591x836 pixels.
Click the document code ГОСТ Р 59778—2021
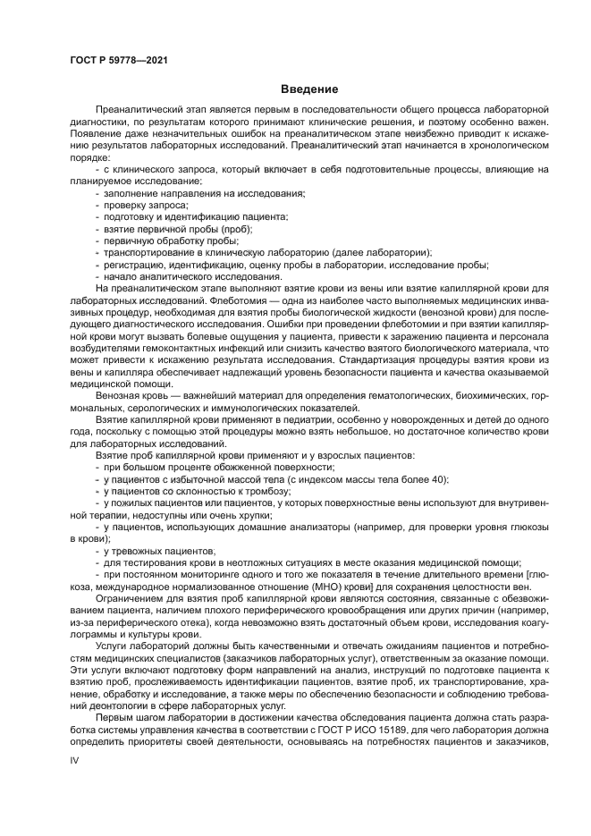coord(118,59)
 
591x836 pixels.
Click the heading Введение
coord(309,89)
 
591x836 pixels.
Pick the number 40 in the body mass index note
coord(438,479)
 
